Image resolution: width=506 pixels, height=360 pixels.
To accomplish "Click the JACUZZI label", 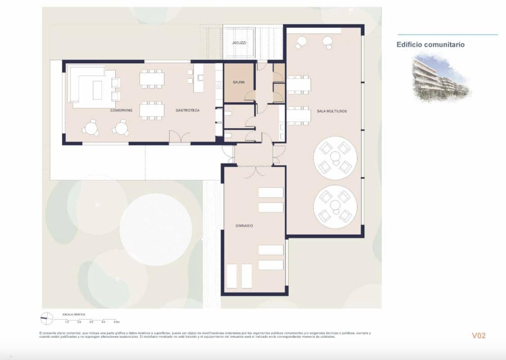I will coord(239,42).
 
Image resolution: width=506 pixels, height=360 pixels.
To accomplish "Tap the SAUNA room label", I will coord(239,83).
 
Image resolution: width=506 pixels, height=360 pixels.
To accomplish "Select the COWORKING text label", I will coord(121,110).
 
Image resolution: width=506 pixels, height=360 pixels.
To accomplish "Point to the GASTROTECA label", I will coord(187,110).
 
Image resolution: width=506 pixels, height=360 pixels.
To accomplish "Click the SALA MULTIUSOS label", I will coord(331,111).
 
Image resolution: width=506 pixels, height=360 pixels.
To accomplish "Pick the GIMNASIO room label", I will coord(244,226).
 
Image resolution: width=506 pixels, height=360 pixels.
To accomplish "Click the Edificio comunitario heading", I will coord(430,45).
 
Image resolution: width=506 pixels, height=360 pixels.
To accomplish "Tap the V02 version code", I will coord(479,336).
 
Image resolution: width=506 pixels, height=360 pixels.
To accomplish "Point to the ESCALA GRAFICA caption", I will coord(74,314).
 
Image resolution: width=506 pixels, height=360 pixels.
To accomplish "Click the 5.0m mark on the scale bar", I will coord(116,322).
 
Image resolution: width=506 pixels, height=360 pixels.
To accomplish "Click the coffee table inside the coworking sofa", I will coord(97,90).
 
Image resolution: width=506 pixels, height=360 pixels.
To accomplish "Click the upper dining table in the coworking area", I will coord(152,79).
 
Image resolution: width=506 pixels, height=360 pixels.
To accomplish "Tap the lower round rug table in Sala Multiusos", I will coord(335,206).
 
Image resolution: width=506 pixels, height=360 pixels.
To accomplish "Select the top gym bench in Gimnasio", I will coord(271,193).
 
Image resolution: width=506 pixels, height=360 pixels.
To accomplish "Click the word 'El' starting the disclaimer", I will coord(41,333).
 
